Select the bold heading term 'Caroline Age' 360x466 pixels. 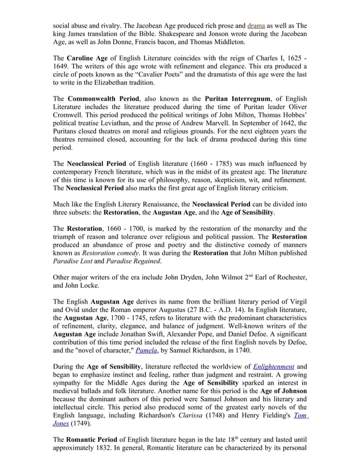[90, 59]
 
